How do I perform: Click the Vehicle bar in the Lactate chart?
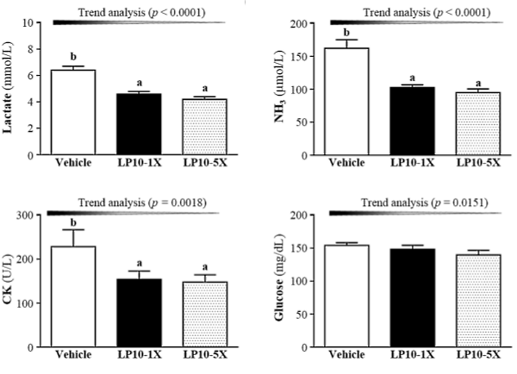pos(73,113)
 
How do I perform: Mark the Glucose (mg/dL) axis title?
pos(293,282)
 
